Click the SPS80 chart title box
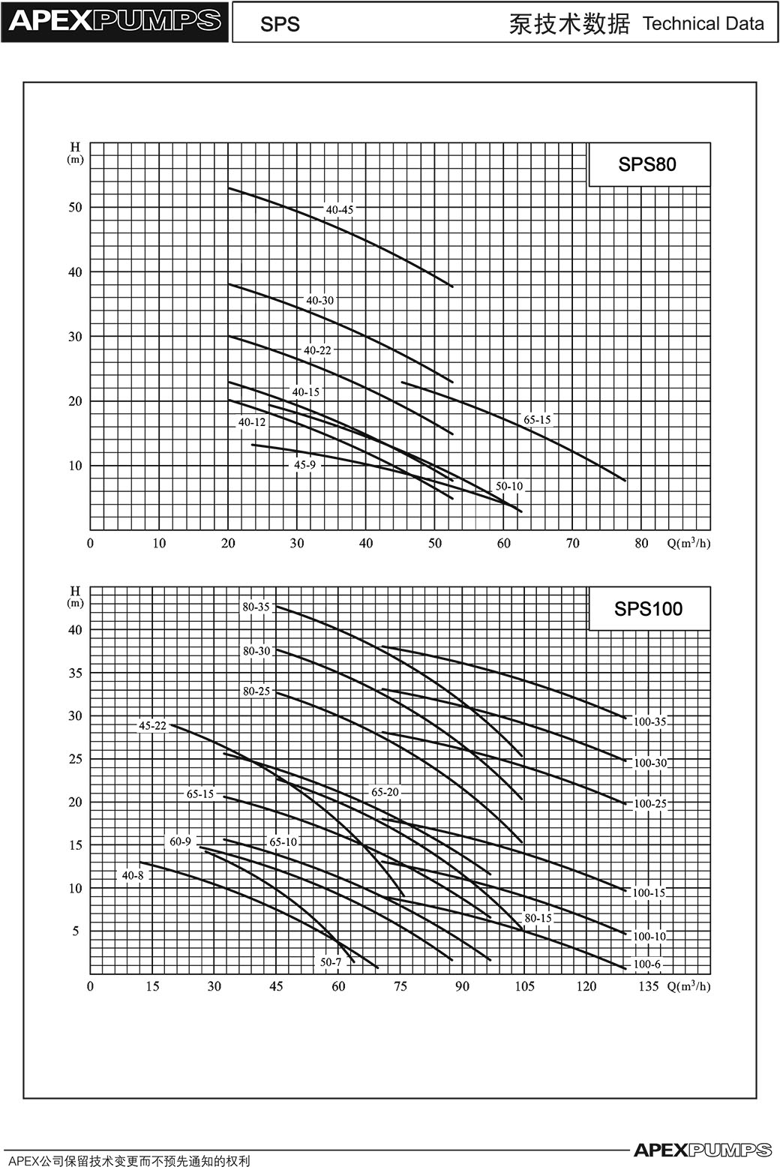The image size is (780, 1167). pyautogui.click(x=649, y=164)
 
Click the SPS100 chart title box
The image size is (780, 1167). pyautogui.click(x=649, y=608)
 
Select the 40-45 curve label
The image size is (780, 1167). pyautogui.click(x=340, y=210)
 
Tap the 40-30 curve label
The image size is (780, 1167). pyautogui.click(x=320, y=301)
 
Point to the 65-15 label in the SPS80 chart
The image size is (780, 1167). pyautogui.click(x=537, y=419)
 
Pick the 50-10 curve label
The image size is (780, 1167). pyautogui.click(x=509, y=486)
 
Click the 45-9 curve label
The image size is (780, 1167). pyautogui.click(x=304, y=465)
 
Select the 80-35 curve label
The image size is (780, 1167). pyautogui.click(x=256, y=607)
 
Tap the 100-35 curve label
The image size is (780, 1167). pyautogui.click(x=649, y=721)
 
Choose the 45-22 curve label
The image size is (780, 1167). pyautogui.click(x=153, y=726)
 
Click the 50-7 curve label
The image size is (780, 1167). pyautogui.click(x=331, y=962)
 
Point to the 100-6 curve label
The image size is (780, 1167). pyautogui.click(x=647, y=964)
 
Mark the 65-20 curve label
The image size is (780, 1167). pyautogui.click(x=385, y=792)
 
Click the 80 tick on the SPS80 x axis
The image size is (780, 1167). pyautogui.click(x=641, y=544)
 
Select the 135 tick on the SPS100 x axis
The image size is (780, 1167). pyautogui.click(x=649, y=986)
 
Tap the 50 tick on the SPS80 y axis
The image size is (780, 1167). pyautogui.click(x=76, y=207)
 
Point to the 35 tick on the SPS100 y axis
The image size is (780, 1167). pyautogui.click(x=76, y=673)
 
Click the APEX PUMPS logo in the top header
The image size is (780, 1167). pyautogui.click(x=115, y=21)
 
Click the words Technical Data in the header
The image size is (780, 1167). pyautogui.click(x=703, y=23)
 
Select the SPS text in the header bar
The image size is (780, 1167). pyautogui.click(x=280, y=24)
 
